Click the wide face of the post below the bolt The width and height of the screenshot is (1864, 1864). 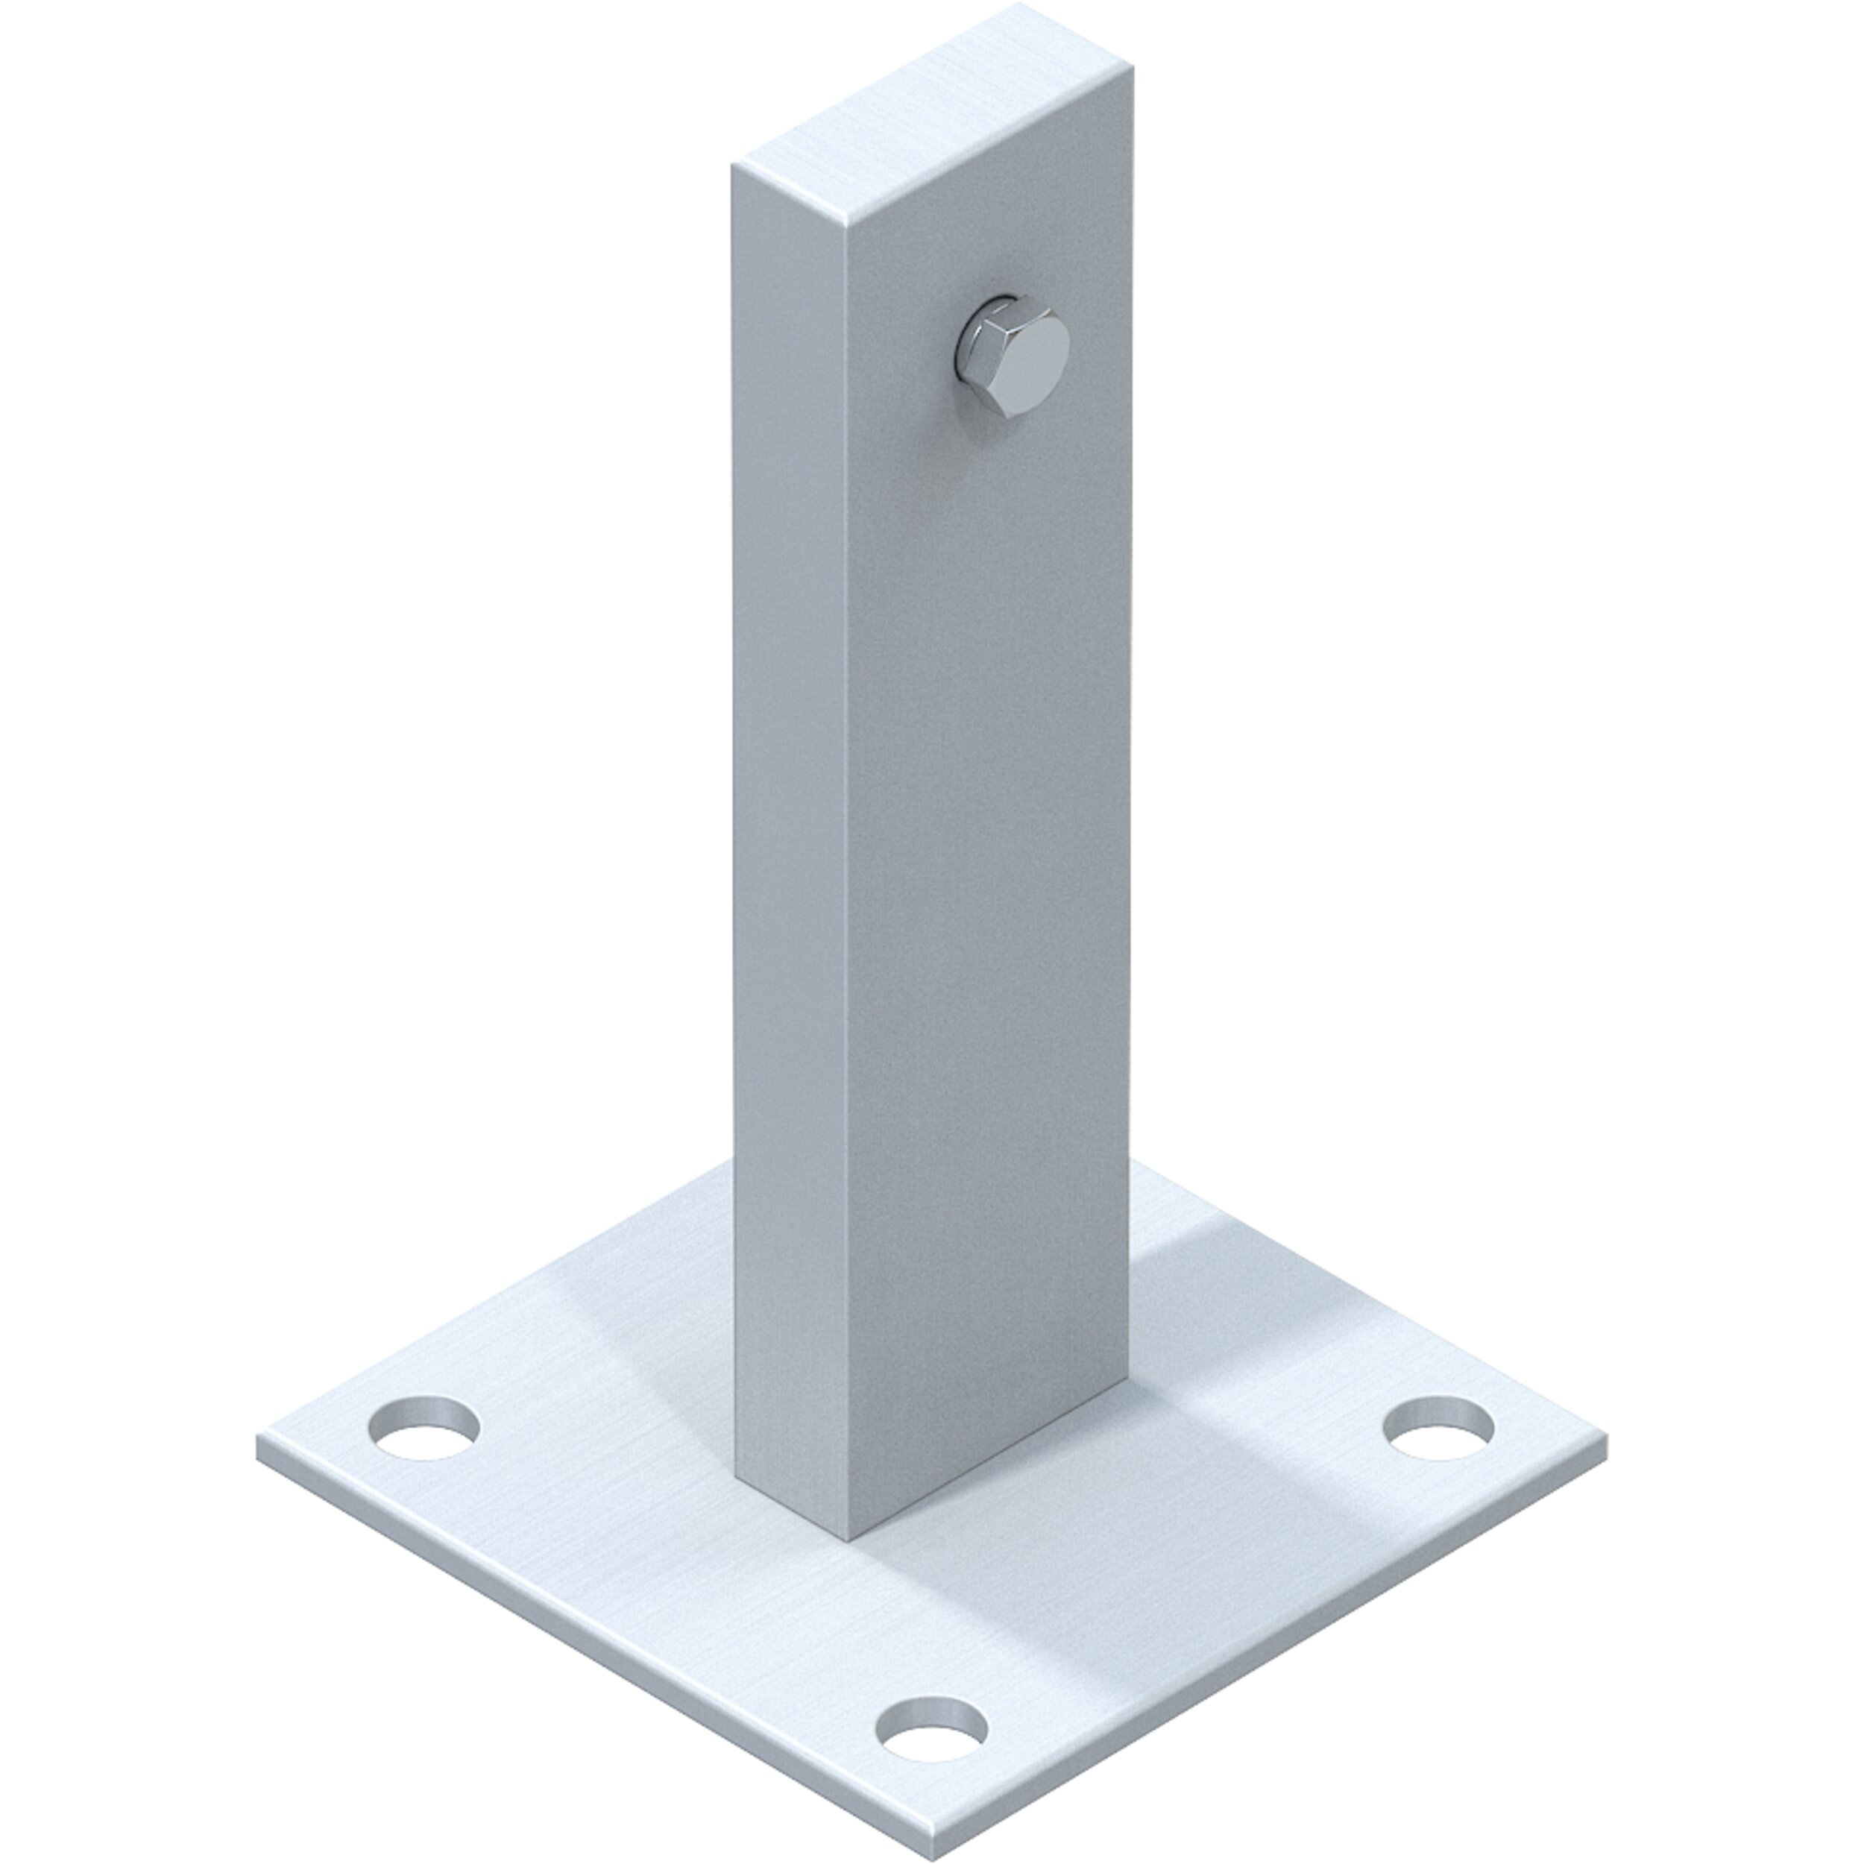click(x=984, y=869)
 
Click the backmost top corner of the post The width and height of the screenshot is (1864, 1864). click(x=1018, y=4)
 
